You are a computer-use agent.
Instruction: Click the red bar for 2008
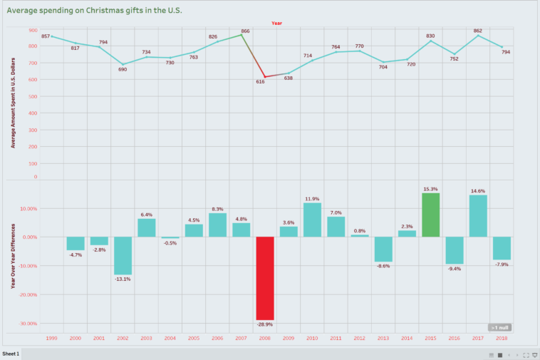point(265,278)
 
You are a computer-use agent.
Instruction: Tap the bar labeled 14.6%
point(478,216)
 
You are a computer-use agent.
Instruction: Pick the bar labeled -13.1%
point(123,255)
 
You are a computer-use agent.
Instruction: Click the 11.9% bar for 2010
point(312,220)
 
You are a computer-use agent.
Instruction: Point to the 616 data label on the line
point(260,82)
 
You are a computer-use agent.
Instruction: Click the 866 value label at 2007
point(245,31)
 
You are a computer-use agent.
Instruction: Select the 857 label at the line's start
point(46,36)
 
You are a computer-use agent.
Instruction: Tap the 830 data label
point(430,36)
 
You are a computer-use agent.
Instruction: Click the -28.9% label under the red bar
point(265,324)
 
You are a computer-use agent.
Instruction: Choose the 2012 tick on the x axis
point(359,338)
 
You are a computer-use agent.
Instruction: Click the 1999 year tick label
point(51,338)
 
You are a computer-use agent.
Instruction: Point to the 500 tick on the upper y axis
point(33,96)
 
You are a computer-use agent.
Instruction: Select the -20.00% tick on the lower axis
point(29,294)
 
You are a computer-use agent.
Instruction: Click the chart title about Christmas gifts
point(95,10)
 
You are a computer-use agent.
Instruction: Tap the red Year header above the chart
point(276,23)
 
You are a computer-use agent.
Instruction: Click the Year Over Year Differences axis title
point(13,256)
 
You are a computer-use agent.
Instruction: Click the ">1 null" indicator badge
point(499,327)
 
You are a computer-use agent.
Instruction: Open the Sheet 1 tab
point(11,354)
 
